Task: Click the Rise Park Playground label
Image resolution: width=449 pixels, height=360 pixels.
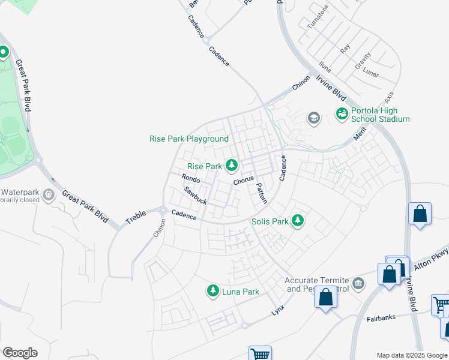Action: pyautogui.click(x=188, y=139)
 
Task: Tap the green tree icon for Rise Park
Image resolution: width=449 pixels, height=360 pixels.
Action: pyautogui.click(x=231, y=166)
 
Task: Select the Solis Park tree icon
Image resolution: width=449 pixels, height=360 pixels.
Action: pyautogui.click(x=297, y=221)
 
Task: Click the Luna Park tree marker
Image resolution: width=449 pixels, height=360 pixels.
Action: pyautogui.click(x=212, y=292)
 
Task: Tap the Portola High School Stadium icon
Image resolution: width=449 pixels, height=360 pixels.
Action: pyautogui.click(x=342, y=113)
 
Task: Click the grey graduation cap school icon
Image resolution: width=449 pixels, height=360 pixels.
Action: pyautogui.click(x=313, y=118)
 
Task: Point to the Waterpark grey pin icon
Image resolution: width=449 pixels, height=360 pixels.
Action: pyautogui.click(x=49, y=195)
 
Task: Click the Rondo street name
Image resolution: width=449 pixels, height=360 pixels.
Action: pyautogui.click(x=191, y=178)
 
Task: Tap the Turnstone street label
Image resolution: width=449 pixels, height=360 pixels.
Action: pyautogui.click(x=318, y=17)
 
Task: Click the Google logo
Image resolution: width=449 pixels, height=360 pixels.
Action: pyautogui.click(x=20, y=353)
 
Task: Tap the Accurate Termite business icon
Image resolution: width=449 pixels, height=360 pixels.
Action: pyautogui.click(x=358, y=283)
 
